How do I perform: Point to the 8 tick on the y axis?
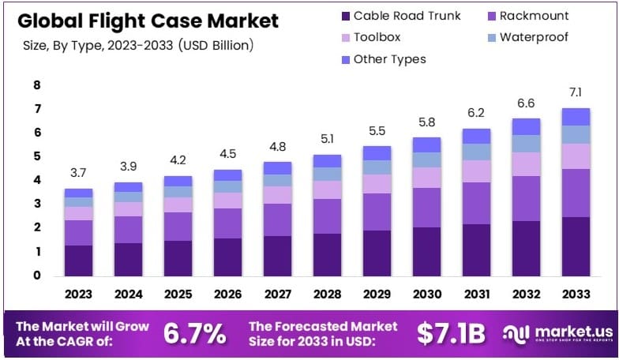click(36, 85)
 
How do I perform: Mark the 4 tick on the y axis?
click(36, 180)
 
